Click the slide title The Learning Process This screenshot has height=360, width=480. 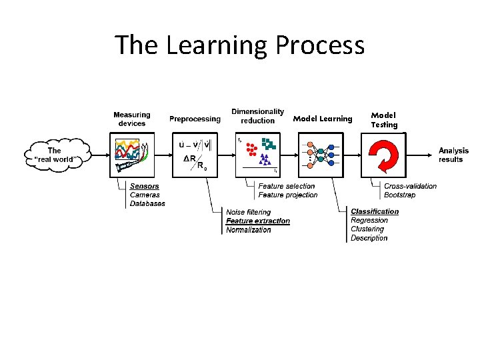(240, 45)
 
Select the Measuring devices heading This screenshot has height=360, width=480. (132, 119)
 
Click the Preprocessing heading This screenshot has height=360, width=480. (195, 119)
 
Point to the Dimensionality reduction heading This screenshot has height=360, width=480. (257, 116)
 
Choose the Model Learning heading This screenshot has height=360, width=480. (323, 119)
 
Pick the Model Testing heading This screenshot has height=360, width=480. (384, 120)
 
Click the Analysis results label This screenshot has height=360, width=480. (453, 155)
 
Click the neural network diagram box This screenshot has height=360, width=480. (322, 155)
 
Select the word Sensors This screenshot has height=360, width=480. (145, 186)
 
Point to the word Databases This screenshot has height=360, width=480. (147, 203)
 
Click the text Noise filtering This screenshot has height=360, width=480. (249, 212)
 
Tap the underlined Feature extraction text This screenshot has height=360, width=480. (258, 221)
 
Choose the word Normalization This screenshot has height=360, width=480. (249, 230)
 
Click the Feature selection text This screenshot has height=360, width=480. (287, 186)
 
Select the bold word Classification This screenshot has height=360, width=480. (375, 211)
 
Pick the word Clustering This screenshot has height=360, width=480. (367, 229)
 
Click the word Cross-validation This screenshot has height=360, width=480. (411, 186)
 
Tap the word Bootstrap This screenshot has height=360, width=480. (400, 195)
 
